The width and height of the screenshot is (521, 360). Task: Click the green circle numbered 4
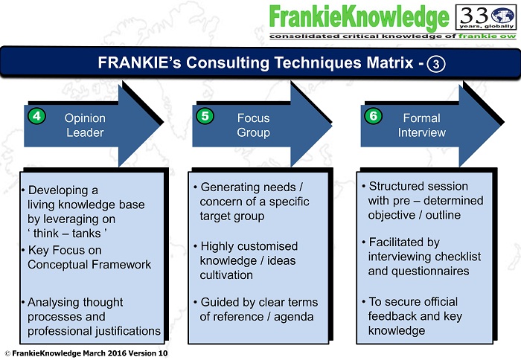pos(35,117)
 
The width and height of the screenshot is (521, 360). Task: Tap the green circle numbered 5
pos(204,117)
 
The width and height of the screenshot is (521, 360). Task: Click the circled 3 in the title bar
pos(437,64)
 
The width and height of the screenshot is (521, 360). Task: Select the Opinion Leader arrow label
pos(85,125)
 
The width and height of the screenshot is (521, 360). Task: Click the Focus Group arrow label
pos(253,125)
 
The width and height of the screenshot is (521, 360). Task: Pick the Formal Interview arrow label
pos(422,125)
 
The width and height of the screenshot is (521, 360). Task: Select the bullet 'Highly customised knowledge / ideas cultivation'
pos(249,260)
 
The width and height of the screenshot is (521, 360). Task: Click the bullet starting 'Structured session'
pos(424,201)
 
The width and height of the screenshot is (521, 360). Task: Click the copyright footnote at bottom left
pos(86,352)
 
